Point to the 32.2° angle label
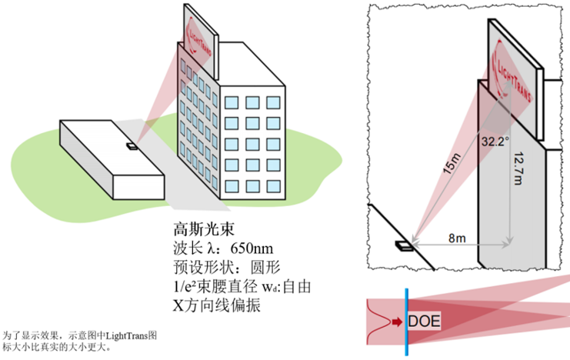(x=496, y=142)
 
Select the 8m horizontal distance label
(x=456, y=238)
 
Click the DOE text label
(x=424, y=320)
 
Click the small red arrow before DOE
(x=397, y=320)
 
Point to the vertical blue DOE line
(x=406, y=321)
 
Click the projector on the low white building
(x=132, y=145)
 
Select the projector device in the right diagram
(x=402, y=246)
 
